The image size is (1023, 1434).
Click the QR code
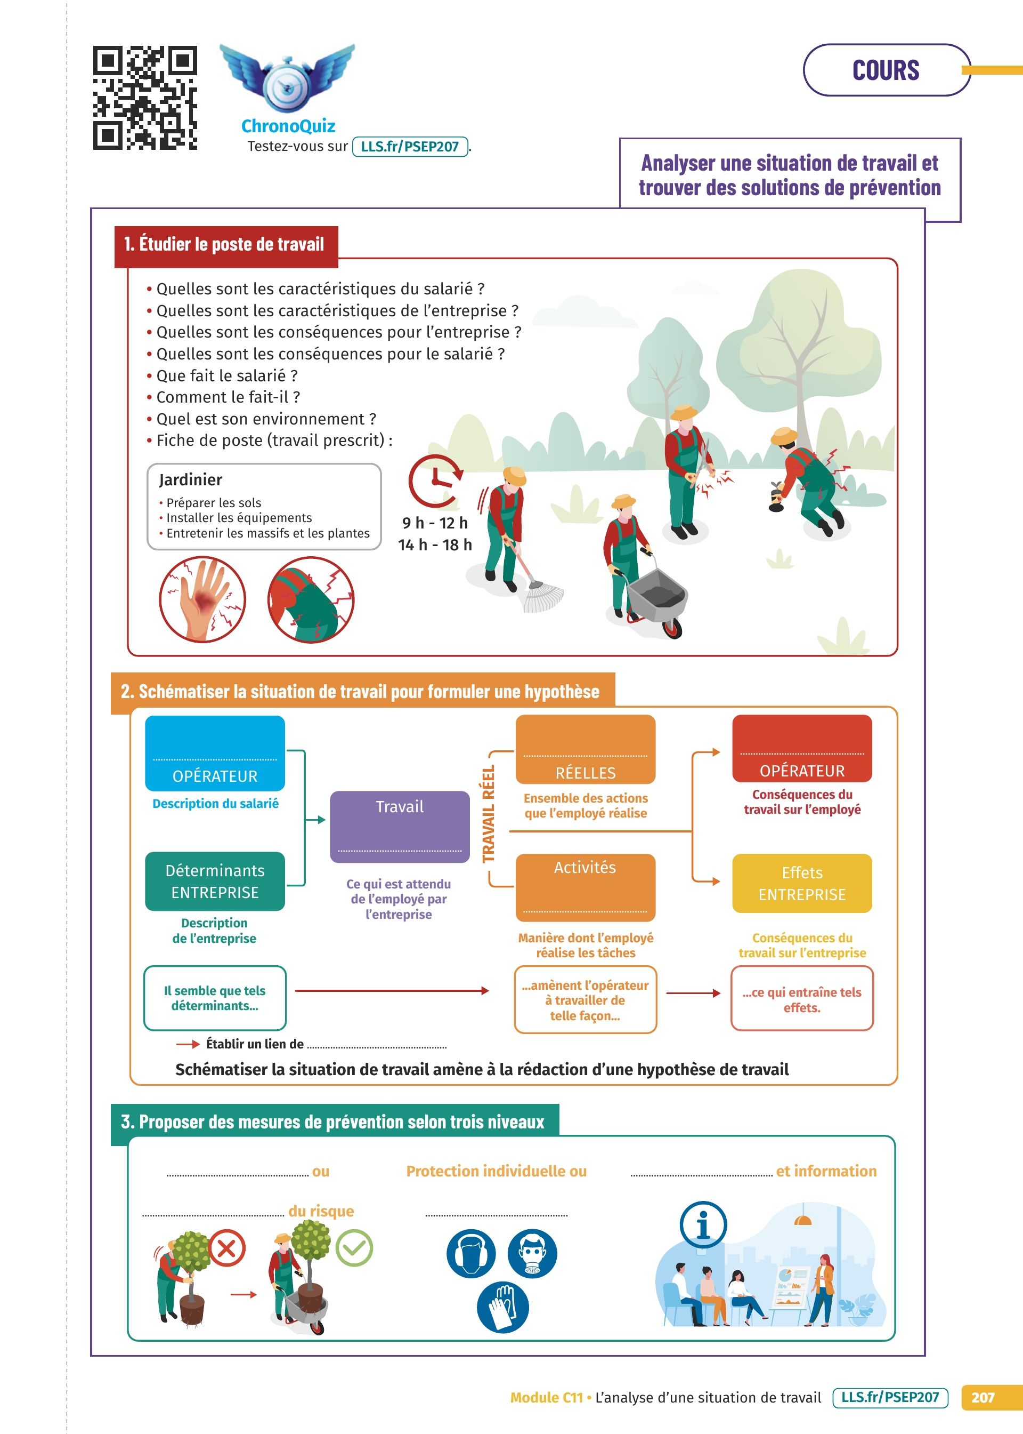[x=145, y=98]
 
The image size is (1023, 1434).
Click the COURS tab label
[x=885, y=70]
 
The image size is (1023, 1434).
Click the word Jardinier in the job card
[x=190, y=479]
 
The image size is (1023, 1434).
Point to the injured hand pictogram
[x=202, y=599]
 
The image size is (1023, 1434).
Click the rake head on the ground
[x=542, y=596]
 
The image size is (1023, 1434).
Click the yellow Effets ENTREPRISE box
[x=801, y=883]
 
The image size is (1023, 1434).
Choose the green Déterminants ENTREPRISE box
[x=215, y=881]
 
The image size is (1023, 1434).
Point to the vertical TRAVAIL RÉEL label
[x=488, y=814]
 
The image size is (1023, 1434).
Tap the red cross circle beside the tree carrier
[x=227, y=1248]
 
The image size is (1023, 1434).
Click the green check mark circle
[x=354, y=1248]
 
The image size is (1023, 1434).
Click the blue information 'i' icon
[x=703, y=1225]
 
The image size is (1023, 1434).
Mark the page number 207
[x=982, y=1397]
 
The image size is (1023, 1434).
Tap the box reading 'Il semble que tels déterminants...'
[x=215, y=998]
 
